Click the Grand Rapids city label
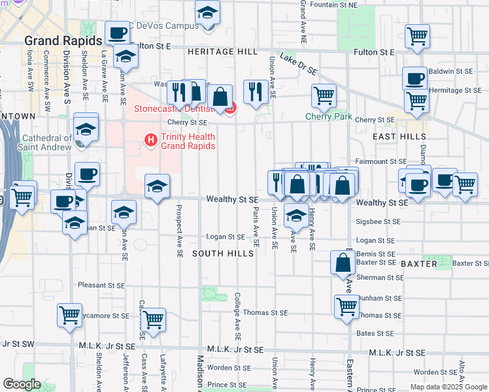click(x=63, y=40)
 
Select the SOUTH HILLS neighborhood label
click(x=223, y=253)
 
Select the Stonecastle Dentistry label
click(x=171, y=109)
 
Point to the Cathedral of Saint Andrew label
click(x=47, y=142)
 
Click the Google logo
click(x=22, y=384)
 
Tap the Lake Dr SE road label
click(x=298, y=63)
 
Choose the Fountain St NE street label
click(x=334, y=5)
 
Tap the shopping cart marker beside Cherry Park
click(x=324, y=96)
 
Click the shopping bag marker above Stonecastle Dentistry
click(x=221, y=97)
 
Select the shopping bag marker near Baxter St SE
click(x=343, y=263)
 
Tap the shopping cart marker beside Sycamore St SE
click(x=69, y=316)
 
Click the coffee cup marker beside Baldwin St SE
click(x=414, y=79)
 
